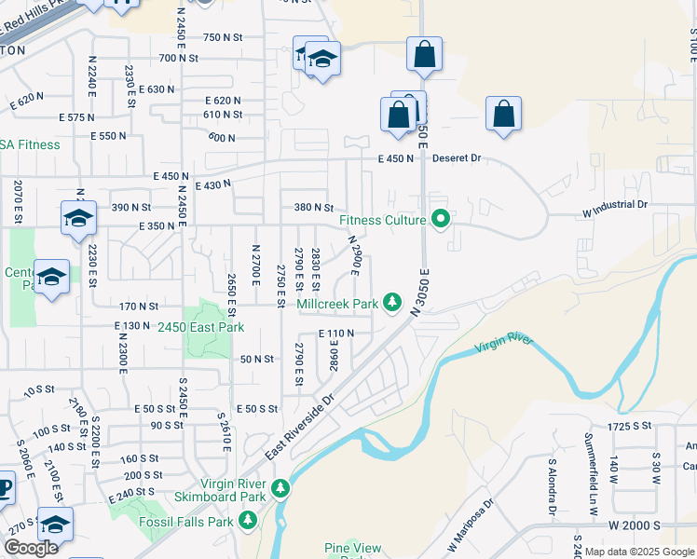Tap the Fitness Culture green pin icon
(x=442, y=221)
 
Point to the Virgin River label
(x=503, y=344)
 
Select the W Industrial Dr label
(x=615, y=204)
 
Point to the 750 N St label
(x=223, y=36)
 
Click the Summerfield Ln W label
(x=590, y=462)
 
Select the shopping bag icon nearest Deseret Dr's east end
(x=503, y=114)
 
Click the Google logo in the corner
(x=30, y=548)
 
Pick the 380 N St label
(x=313, y=208)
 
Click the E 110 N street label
(x=336, y=333)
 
